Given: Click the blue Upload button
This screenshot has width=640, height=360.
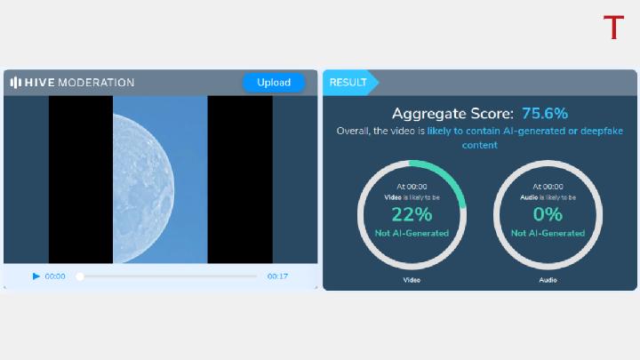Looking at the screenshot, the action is [x=274, y=83].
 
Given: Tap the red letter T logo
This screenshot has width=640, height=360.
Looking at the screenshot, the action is [x=613, y=28].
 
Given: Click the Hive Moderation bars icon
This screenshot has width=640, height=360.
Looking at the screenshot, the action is [x=15, y=83].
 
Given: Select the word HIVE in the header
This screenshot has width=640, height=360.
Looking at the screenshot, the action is [x=40, y=83].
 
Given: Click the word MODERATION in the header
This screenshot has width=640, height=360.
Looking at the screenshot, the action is [x=96, y=83].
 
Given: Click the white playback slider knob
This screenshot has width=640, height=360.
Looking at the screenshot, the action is [x=80, y=276].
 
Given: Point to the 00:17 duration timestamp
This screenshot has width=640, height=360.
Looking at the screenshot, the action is [x=277, y=276].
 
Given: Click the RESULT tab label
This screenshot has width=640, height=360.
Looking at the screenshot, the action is [x=348, y=83].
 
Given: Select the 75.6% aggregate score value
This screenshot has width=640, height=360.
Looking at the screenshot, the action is [x=545, y=114].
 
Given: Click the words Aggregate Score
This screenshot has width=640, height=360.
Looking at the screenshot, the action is [x=452, y=114].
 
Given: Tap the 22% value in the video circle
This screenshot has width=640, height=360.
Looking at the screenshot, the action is [x=412, y=214].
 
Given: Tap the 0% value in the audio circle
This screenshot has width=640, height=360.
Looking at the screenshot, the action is [x=548, y=214].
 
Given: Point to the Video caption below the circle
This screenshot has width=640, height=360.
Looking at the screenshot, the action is [x=412, y=280].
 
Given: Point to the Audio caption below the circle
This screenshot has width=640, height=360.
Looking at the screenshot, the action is [x=548, y=280].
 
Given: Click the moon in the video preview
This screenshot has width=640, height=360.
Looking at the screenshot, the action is [x=143, y=188].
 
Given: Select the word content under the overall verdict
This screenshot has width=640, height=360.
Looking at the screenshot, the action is [x=480, y=145].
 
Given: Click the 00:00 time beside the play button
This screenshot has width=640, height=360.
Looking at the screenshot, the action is [x=55, y=276].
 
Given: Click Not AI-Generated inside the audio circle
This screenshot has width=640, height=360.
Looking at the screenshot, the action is [x=548, y=233].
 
